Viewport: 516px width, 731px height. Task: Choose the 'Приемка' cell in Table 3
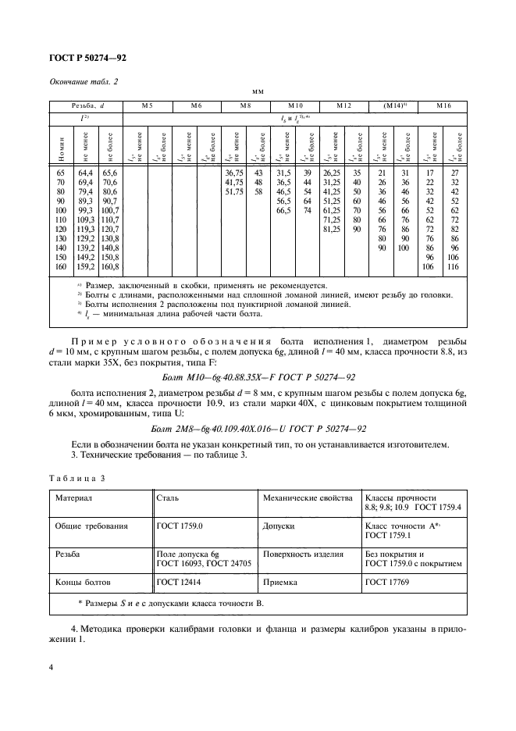(280, 581)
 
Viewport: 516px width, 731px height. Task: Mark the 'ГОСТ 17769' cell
(385, 581)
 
